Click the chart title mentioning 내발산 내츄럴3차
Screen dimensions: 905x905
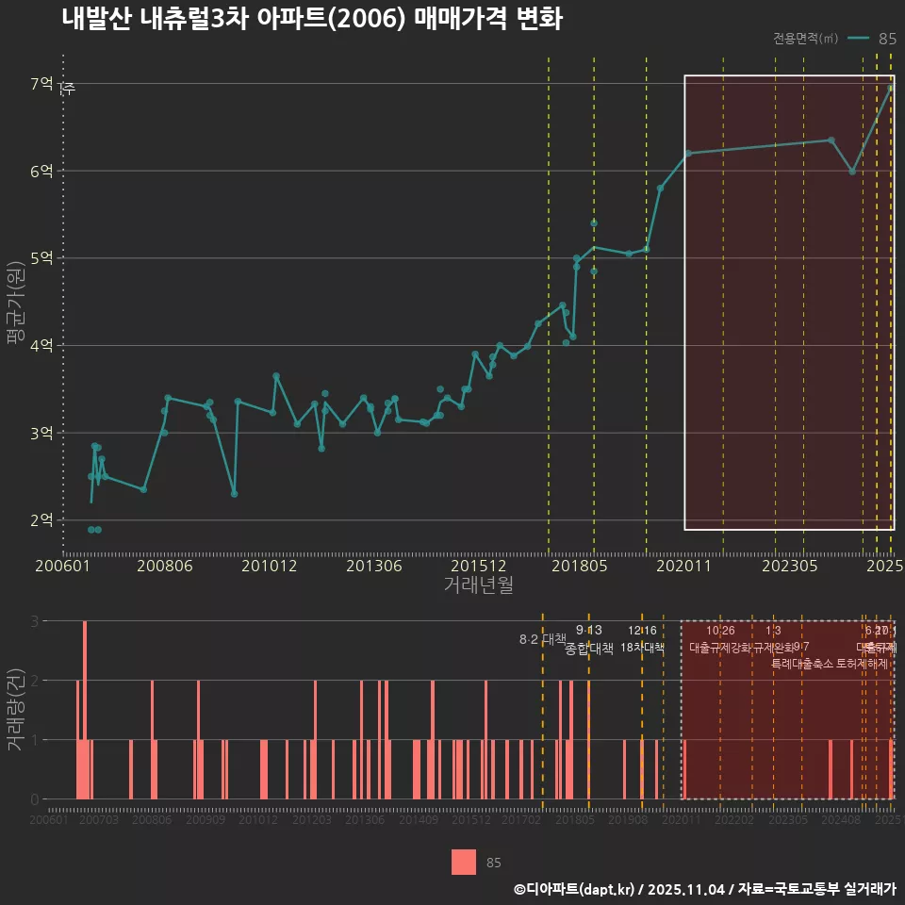[x=311, y=19]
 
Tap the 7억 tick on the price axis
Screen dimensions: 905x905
[x=41, y=84]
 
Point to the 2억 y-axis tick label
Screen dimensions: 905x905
[x=41, y=520]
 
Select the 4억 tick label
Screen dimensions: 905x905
[x=41, y=346]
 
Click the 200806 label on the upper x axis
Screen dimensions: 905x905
[x=165, y=567]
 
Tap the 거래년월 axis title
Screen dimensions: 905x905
[x=478, y=585]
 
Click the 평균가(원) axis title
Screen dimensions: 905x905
[x=16, y=301]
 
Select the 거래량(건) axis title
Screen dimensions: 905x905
[x=16, y=709]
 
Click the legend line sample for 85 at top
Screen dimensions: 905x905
[x=858, y=39]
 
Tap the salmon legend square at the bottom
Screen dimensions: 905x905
[x=464, y=863]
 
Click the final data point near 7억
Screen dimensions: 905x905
[x=891, y=88]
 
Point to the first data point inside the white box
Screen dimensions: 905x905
[x=688, y=153]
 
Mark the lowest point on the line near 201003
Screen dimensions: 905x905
[x=234, y=494]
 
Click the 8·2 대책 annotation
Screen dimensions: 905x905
[x=536, y=639]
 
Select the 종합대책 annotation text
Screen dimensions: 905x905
[x=589, y=649]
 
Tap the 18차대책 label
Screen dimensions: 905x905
[x=643, y=648]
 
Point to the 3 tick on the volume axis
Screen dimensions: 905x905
[x=36, y=621]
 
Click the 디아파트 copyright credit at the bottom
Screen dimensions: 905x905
[x=703, y=889]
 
